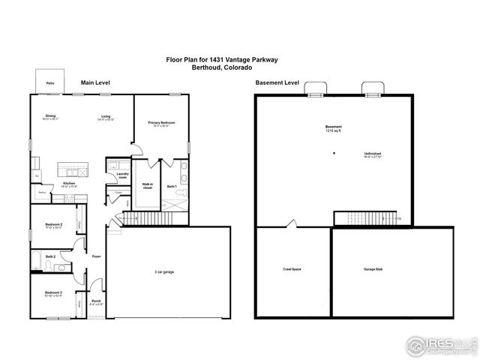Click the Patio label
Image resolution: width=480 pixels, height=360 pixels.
[50, 83]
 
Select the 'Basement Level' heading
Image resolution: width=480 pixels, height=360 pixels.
[277, 82]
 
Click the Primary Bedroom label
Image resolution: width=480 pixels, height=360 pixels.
[161, 123]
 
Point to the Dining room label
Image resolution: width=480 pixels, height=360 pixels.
[50, 116]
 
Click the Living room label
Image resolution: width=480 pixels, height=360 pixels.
[106, 116]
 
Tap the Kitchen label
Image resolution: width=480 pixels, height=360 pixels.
[69, 184]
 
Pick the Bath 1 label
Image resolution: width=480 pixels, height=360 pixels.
[172, 186]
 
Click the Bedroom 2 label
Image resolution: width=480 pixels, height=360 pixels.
[53, 224]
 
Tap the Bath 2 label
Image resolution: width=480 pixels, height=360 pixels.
[50, 256]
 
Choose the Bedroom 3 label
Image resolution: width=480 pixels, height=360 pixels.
[52, 292]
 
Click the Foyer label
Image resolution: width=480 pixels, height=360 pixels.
[96, 256]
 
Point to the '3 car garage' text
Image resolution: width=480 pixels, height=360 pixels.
[163, 271]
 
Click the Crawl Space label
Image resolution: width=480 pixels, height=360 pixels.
[292, 269]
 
